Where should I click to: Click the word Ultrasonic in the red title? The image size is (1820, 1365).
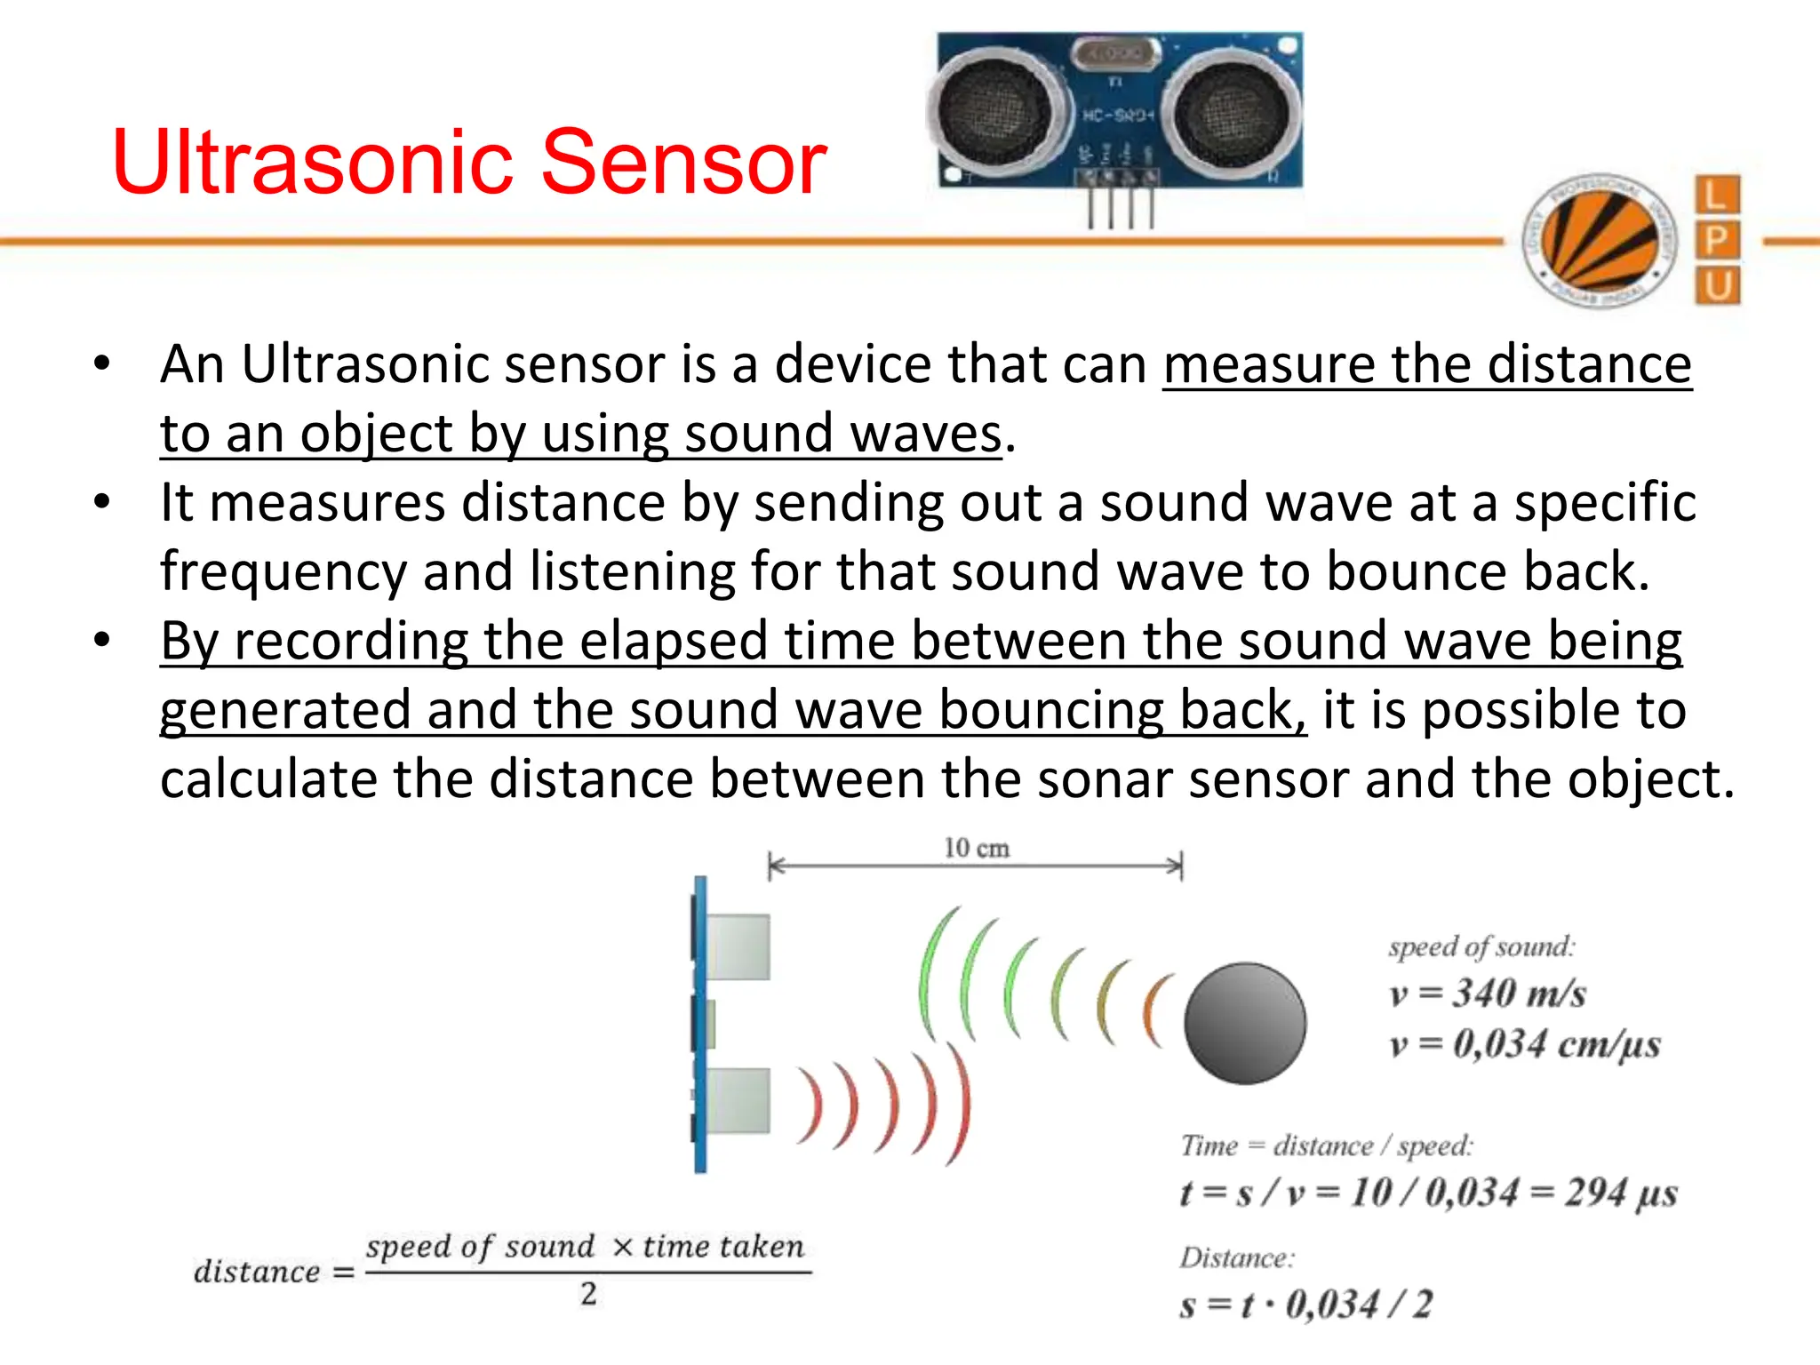(x=311, y=162)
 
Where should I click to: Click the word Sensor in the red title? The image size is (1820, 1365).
(x=684, y=162)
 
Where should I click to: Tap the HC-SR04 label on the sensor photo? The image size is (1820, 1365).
(x=1117, y=116)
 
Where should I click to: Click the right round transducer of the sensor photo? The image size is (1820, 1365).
(x=1231, y=111)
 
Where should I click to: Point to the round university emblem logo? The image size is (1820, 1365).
(x=1600, y=240)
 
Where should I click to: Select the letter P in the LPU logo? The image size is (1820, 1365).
(x=1717, y=240)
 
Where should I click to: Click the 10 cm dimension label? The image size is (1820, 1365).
(x=976, y=848)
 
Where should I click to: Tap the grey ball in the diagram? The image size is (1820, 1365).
(x=1245, y=1023)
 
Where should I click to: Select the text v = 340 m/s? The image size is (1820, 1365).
(x=1488, y=994)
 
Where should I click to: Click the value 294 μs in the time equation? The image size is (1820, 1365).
(x=1620, y=1193)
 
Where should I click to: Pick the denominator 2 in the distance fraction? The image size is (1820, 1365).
(x=588, y=1294)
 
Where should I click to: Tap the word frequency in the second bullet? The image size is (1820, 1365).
(x=283, y=571)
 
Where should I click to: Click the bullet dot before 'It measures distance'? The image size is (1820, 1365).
(x=102, y=502)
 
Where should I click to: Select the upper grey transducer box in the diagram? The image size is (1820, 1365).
(x=738, y=946)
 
